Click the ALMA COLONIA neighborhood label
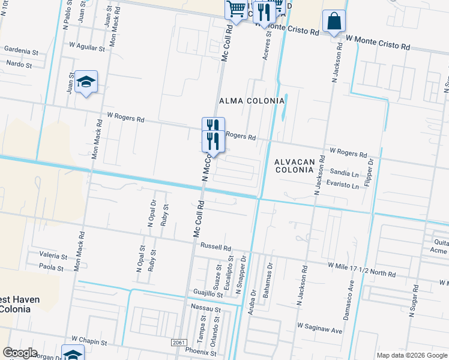(x=252, y=101)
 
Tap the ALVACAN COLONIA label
(x=294, y=166)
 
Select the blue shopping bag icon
(x=334, y=22)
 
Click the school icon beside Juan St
(x=86, y=83)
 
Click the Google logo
(x=20, y=353)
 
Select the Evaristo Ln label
(x=343, y=185)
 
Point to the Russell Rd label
(x=216, y=247)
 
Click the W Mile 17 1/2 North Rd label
(x=361, y=269)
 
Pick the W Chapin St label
(x=89, y=342)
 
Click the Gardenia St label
(x=20, y=49)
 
